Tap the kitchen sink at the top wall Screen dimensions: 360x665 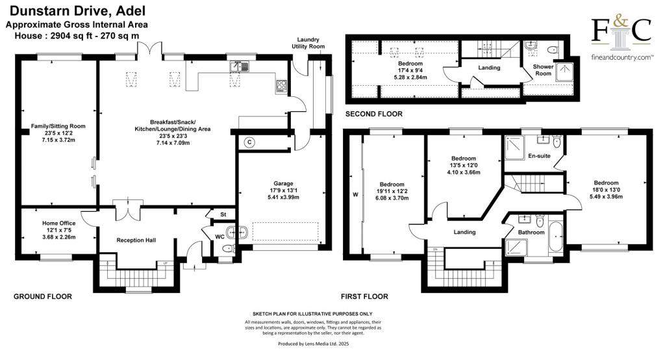[x=240, y=66]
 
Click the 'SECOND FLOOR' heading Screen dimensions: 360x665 [x=373, y=114]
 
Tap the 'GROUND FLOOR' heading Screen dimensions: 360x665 [x=43, y=296]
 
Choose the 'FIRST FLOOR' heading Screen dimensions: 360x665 [x=366, y=296]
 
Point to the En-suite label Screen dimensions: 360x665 [x=539, y=156]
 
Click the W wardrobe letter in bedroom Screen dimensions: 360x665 [x=354, y=194]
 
